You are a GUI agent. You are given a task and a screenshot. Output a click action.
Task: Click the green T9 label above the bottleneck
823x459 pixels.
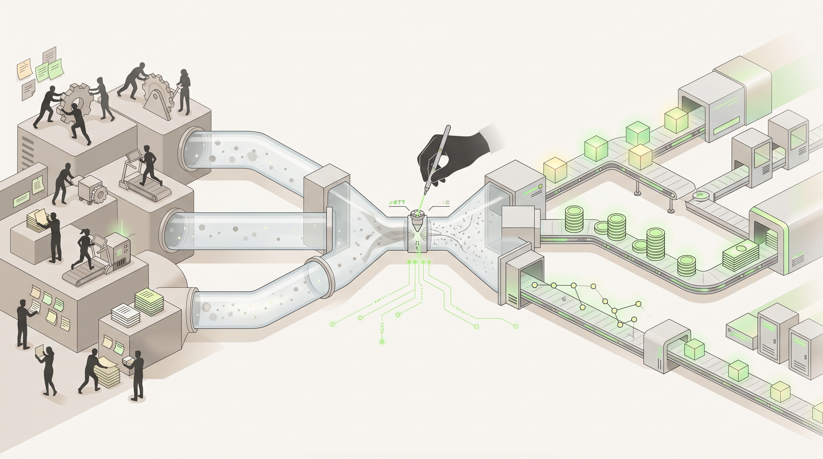pos(398,202)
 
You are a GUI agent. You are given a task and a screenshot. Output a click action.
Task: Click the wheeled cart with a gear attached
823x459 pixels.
pos(91,191)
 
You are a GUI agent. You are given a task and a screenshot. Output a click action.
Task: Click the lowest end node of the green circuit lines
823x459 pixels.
pos(382,342)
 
